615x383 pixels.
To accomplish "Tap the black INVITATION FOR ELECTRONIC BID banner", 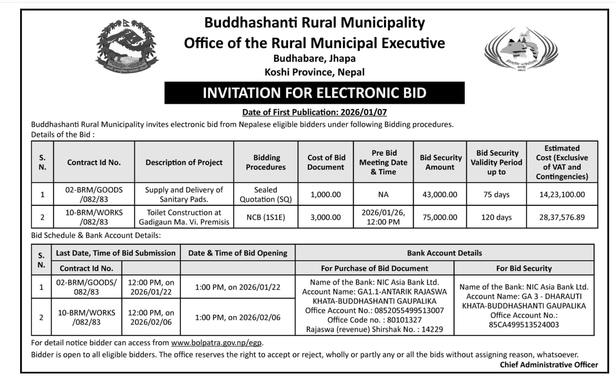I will coord(314,93).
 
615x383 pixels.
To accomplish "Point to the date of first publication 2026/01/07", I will coord(314,112).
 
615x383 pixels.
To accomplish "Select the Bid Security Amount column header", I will coord(441,162).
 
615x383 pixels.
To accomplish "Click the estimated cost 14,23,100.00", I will coord(562,194).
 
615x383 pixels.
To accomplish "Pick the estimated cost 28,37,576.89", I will coord(562,217).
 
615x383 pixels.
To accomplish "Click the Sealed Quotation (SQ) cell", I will coord(266,194).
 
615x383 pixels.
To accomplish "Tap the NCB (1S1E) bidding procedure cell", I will coord(266,217).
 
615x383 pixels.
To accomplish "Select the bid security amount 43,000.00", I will coord(440,194).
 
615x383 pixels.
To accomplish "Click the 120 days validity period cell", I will coord(496,217).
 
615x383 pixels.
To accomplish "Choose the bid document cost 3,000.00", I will coord(326,217).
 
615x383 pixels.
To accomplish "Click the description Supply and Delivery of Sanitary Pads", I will coord(184,194).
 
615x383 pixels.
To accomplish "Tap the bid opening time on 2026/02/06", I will coord(237,317).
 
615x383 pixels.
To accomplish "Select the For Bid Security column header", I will coord(524,268).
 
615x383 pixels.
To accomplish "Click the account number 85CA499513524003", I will coord(524,325).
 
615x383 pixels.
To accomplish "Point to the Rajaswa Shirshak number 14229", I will coord(374,329).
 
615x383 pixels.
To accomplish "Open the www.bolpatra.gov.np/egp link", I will coord(217,343).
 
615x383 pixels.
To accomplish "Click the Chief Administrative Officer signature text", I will coord(548,364).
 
